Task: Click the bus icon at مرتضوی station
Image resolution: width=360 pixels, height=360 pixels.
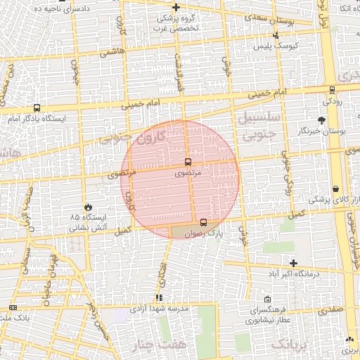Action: click(187, 162)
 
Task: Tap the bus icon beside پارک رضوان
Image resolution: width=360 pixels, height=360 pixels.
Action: click(203, 222)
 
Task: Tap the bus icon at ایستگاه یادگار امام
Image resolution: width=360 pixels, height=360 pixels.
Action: click(37, 108)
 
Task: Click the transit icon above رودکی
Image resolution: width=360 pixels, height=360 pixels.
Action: click(332, 89)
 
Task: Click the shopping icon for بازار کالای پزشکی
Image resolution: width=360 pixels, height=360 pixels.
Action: click(336, 188)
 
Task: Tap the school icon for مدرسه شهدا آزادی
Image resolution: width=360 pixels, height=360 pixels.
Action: click(159, 297)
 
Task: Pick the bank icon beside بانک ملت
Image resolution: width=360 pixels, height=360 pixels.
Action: click(13, 308)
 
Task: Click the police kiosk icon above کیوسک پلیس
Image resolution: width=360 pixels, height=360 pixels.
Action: click(276, 34)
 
